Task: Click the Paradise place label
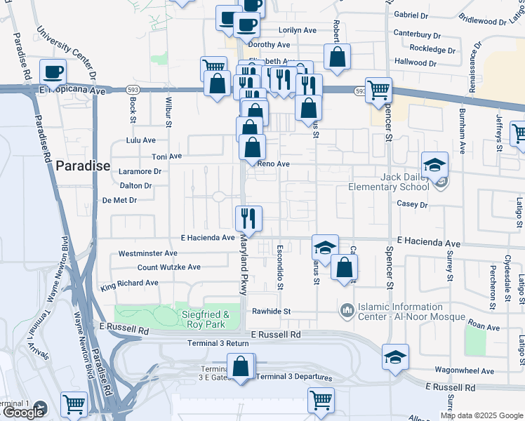(83, 166)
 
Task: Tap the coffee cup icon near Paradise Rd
(53, 71)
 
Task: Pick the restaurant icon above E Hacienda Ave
(248, 218)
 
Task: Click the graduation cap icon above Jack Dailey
(434, 164)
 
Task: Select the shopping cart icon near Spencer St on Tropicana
(378, 89)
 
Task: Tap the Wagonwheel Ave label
(460, 368)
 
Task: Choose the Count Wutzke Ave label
(168, 267)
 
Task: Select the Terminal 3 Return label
(218, 343)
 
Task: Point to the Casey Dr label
(412, 205)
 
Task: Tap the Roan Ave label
(484, 326)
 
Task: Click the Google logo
(23, 412)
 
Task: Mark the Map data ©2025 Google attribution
(481, 415)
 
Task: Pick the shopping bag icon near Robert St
(337, 57)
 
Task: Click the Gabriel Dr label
(411, 15)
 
